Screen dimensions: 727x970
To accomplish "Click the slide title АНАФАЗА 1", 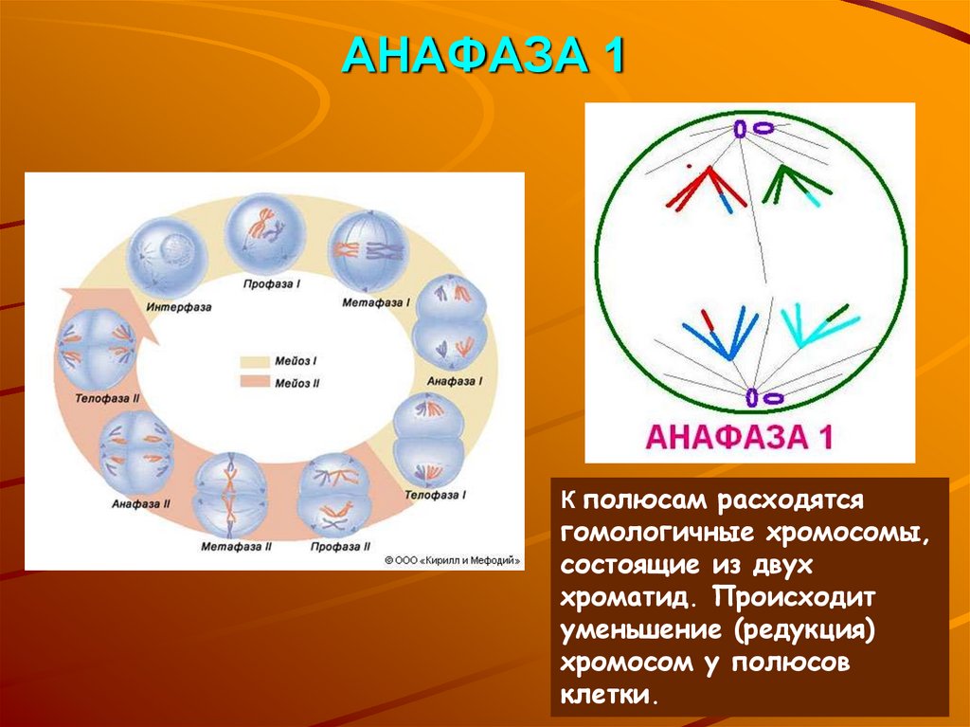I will pos(483,57).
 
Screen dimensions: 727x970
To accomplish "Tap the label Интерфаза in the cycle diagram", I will pos(178,307).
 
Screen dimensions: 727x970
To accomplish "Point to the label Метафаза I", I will pos(377,303).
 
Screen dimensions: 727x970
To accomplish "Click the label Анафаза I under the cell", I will pos(455,380).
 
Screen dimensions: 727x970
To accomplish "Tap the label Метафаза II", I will pos(237,547).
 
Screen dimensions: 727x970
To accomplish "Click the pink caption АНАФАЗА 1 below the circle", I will pos(739,437).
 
